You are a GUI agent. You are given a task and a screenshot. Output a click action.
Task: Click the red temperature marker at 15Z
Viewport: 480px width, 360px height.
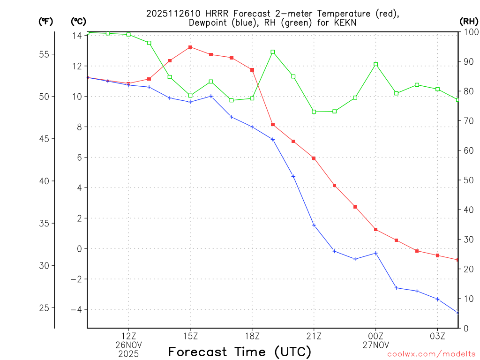click(190, 47)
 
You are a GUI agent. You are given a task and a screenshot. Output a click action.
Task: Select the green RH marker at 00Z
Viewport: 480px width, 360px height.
click(376, 64)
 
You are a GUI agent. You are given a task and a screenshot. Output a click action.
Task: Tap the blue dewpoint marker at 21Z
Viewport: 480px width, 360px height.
click(314, 225)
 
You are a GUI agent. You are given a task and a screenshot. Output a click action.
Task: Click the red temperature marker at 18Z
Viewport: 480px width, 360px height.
click(252, 70)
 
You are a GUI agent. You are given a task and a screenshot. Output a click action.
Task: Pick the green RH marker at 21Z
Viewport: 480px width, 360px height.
click(314, 112)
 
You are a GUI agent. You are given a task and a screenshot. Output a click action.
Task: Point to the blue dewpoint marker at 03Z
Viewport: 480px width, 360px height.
click(438, 299)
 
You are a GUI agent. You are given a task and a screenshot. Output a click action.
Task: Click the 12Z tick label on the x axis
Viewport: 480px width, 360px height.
click(128, 336)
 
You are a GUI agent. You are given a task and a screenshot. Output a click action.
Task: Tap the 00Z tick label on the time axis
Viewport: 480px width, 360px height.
click(376, 336)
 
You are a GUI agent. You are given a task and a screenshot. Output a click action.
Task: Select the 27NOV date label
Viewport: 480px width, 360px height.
click(376, 345)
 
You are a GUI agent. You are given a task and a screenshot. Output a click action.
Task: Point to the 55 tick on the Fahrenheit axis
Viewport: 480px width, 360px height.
click(44, 54)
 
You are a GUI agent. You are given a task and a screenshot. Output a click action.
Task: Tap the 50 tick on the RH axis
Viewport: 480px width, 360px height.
click(468, 180)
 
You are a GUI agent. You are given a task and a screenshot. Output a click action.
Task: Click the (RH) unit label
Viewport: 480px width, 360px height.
click(468, 21)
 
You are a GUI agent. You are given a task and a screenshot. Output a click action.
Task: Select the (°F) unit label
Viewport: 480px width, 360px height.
click(45, 21)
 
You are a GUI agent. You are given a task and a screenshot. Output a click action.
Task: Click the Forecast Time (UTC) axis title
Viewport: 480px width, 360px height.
click(240, 352)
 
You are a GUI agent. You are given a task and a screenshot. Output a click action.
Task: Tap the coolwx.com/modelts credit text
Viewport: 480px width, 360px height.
click(431, 354)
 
